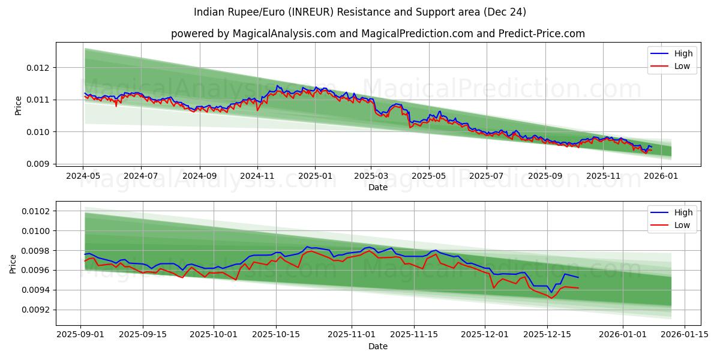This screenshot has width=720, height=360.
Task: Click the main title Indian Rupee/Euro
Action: [x=360, y=12]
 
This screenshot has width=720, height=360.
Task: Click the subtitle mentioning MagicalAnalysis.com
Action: [x=378, y=34]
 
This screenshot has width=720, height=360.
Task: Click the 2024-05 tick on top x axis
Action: [x=83, y=176]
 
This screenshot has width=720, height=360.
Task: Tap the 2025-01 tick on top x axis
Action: [x=316, y=176]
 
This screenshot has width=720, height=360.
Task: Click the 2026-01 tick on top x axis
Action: [x=661, y=176]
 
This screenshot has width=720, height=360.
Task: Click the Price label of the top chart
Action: [x=18, y=105]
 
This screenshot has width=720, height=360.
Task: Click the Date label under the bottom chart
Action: [x=378, y=346]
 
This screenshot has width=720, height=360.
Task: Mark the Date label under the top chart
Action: [x=378, y=187]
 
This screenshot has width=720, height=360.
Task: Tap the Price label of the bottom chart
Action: [x=13, y=263]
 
